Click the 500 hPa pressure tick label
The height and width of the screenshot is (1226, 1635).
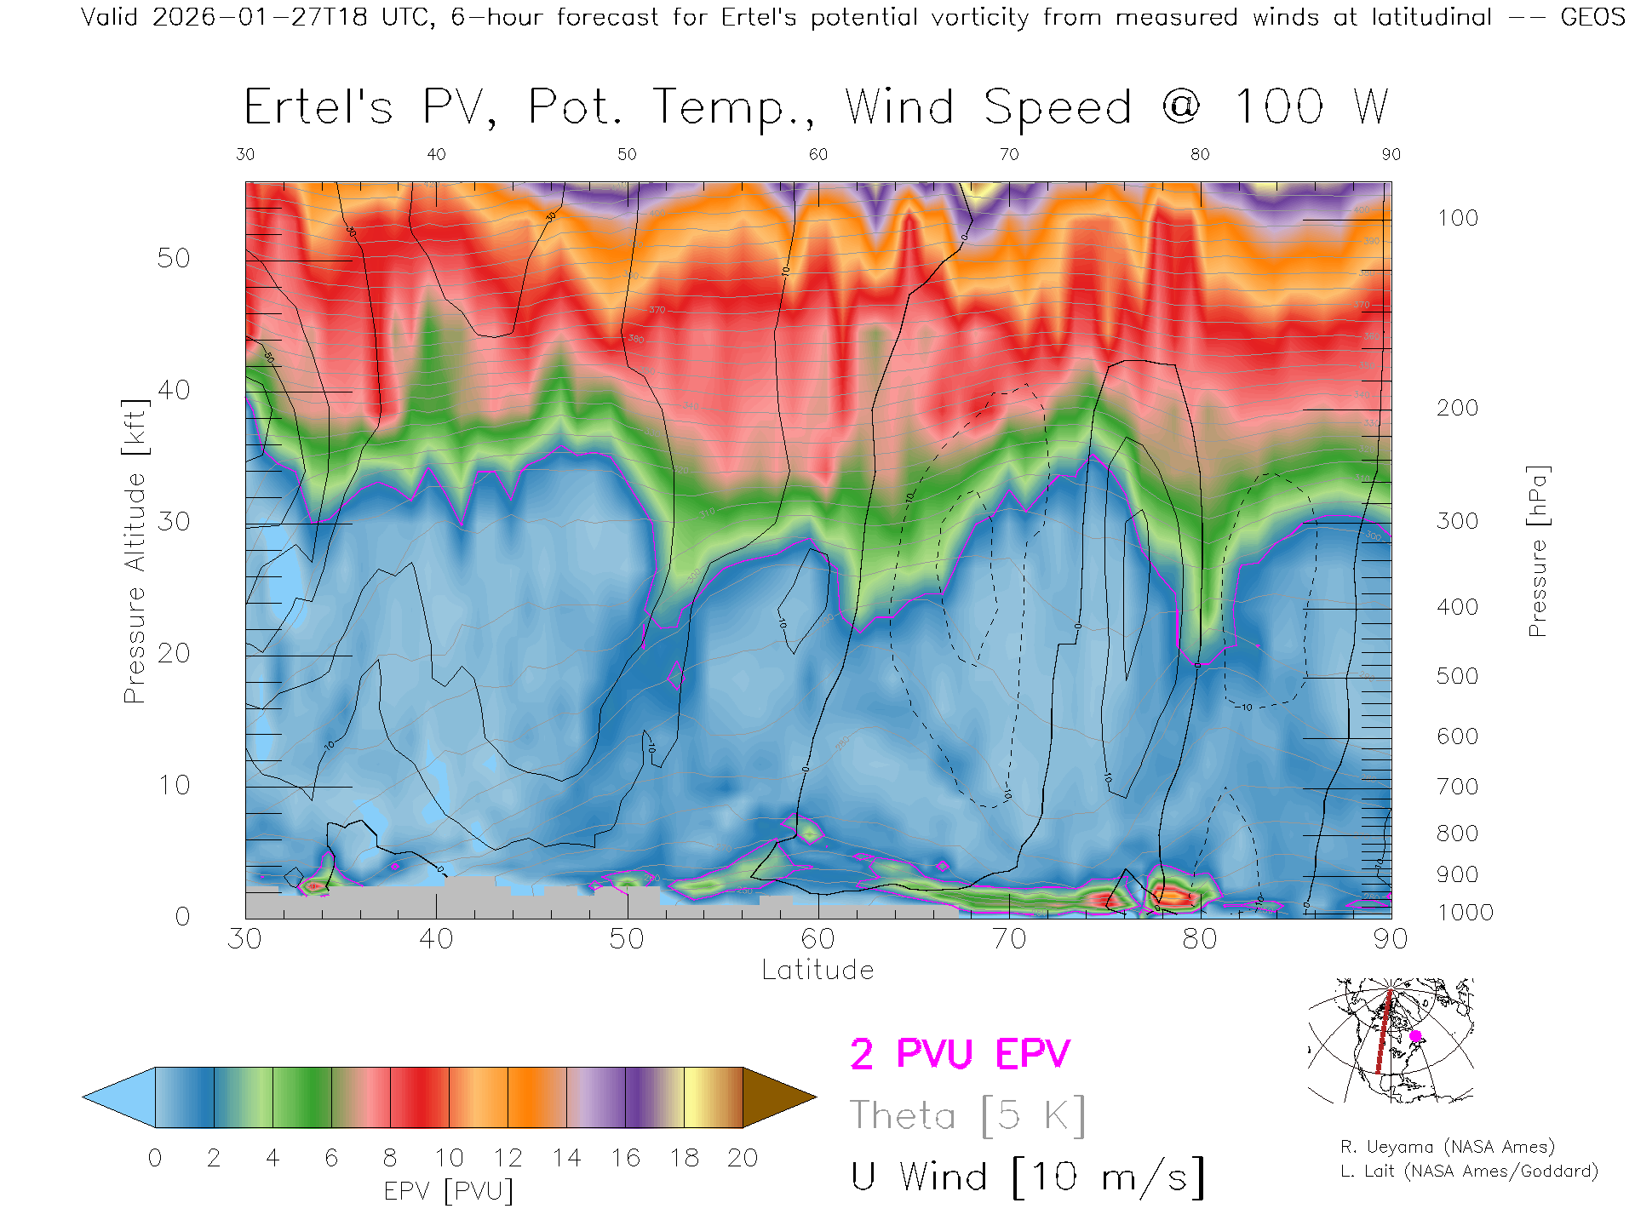[1457, 676]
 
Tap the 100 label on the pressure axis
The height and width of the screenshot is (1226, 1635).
[1457, 218]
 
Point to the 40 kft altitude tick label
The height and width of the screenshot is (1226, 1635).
[173, 390]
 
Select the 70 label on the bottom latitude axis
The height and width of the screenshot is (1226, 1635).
[1008, 938]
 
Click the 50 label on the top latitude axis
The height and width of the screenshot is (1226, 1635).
[627, 154]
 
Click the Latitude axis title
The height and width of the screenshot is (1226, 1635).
[817, 970]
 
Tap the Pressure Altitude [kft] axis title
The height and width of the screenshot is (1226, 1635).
[135, 551]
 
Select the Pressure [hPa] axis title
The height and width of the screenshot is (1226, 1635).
[1537, 551]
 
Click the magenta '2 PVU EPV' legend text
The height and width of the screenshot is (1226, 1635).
[960, 1054]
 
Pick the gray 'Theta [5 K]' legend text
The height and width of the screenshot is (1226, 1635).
[967, 1115]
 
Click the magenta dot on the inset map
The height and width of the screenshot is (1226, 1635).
[1415, 1036]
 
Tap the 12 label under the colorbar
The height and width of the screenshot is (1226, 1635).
[508, 1158]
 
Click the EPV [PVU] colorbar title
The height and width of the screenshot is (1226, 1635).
[448, 1191]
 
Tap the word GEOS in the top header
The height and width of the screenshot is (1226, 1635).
[1592, 17]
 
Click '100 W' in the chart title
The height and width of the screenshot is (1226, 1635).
[1311, 107]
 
